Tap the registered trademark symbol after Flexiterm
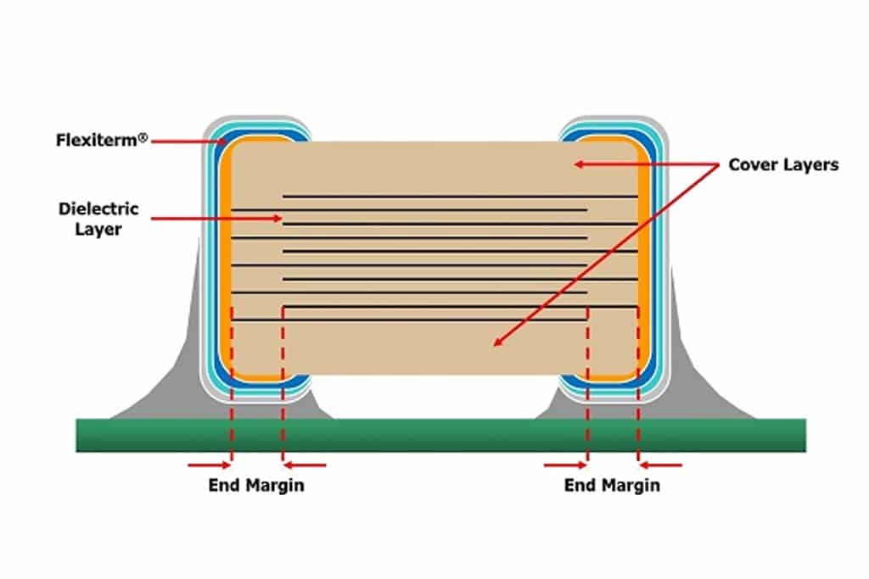143,137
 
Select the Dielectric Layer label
98,219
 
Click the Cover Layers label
783,165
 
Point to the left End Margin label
256,486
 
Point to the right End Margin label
612,486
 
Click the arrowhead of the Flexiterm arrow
221,142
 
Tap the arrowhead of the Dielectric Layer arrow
278,219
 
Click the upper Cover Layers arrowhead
579,164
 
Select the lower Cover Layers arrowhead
498,342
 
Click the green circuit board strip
440,435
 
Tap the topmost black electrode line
460,196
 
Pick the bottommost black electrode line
409,320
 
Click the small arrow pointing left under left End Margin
305,465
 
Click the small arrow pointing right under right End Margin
564,465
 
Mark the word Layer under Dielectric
98,229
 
